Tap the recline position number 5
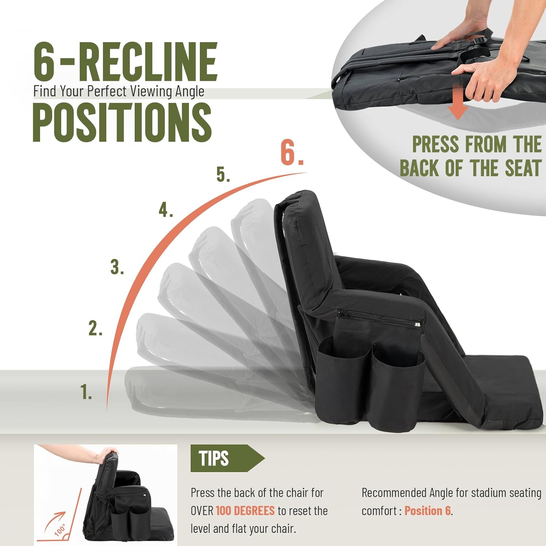tap(223, 174)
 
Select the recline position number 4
tap(165, 210)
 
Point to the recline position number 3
tap(117, 267)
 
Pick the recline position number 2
tap(95, 328)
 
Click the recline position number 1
tap(86, 392)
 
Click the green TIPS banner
tap(222, 458)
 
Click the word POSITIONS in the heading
tap(122, 122)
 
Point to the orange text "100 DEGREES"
tap(245, 511)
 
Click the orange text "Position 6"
tap(428, 511)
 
